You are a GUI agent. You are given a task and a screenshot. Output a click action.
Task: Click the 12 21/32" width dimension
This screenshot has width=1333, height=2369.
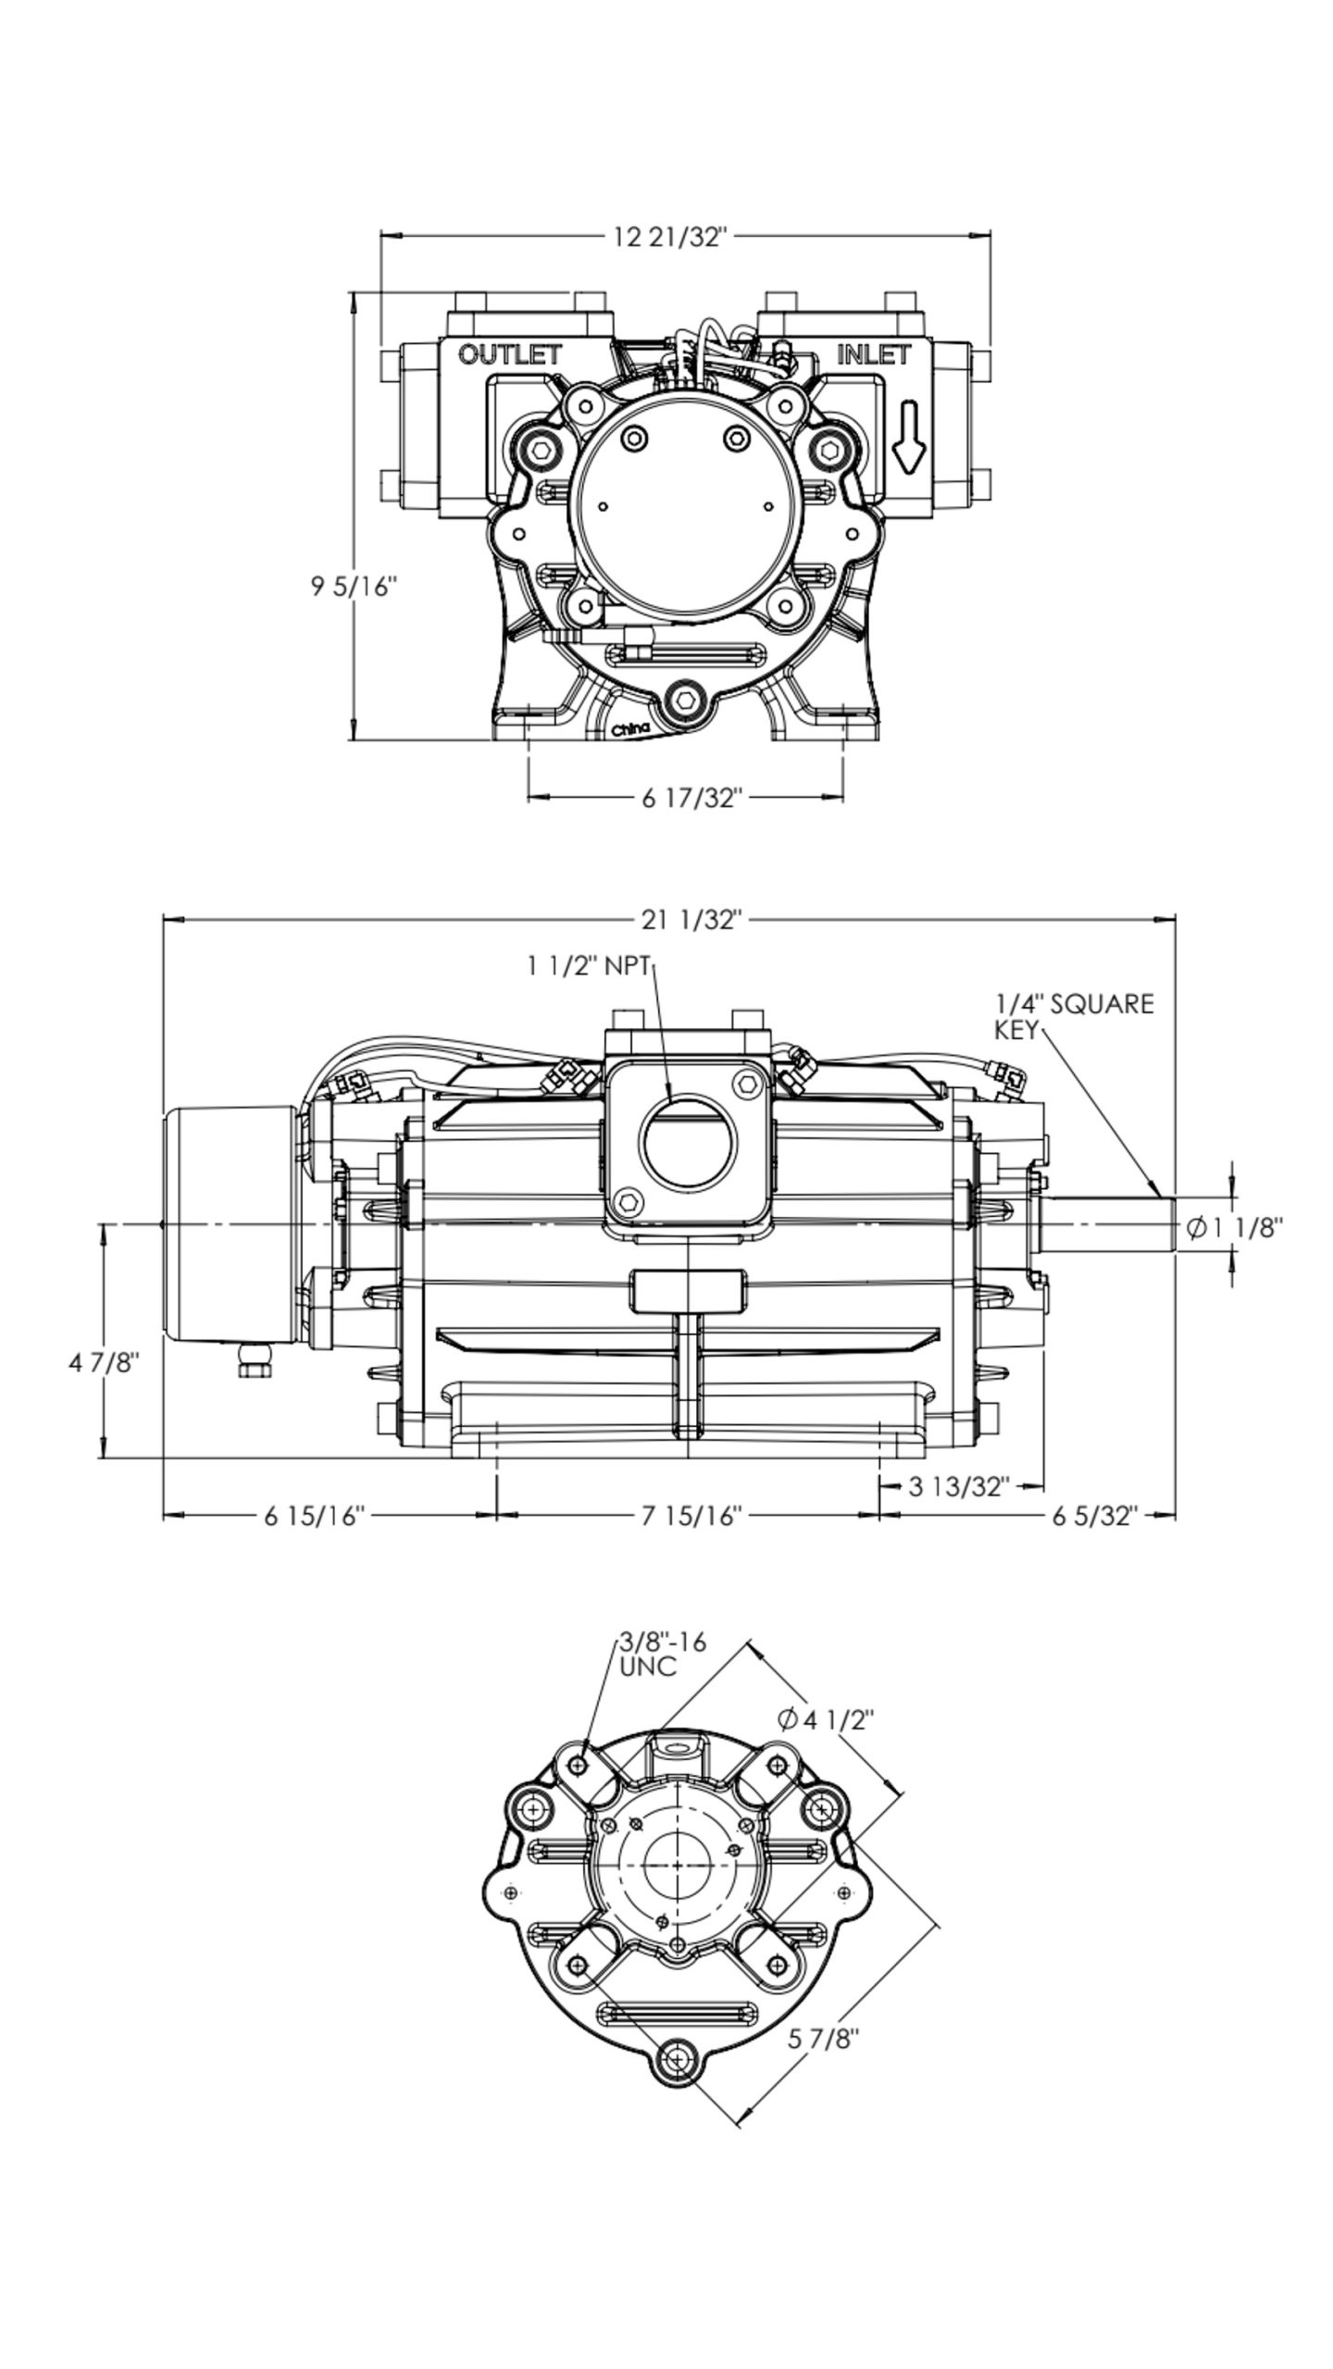coord(671,238)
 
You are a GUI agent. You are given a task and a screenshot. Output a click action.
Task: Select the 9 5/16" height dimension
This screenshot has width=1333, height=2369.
coord(354,587)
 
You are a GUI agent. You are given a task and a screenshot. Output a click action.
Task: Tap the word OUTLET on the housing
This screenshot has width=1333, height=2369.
coord(510,354)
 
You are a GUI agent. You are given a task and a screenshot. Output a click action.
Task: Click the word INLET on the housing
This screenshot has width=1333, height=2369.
coord(873,354)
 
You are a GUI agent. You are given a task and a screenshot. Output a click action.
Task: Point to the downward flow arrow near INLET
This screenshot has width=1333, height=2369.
coord(910,437)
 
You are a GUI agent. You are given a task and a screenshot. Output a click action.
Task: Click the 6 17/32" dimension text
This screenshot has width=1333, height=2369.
coord(692,798)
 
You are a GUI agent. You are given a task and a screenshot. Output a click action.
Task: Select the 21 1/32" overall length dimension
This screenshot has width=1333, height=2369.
coord(691,920)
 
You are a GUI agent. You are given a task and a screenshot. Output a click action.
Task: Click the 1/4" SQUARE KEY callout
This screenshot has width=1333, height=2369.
coord(1074,1016)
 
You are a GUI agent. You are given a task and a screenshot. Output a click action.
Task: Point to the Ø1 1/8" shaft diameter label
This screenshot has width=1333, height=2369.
coord(1235,1228)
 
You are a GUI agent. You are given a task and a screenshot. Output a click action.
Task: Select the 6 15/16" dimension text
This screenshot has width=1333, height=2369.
coord(316,1516)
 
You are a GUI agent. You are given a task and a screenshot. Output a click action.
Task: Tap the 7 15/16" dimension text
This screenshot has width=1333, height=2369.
coord(692,1516)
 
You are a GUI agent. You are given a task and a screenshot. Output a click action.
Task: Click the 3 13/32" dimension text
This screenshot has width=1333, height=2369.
coord(957,1487)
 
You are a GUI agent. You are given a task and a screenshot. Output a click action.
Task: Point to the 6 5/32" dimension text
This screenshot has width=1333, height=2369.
coord(1093,1516)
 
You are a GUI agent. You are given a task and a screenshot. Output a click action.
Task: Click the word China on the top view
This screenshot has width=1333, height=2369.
coord(630,730)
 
